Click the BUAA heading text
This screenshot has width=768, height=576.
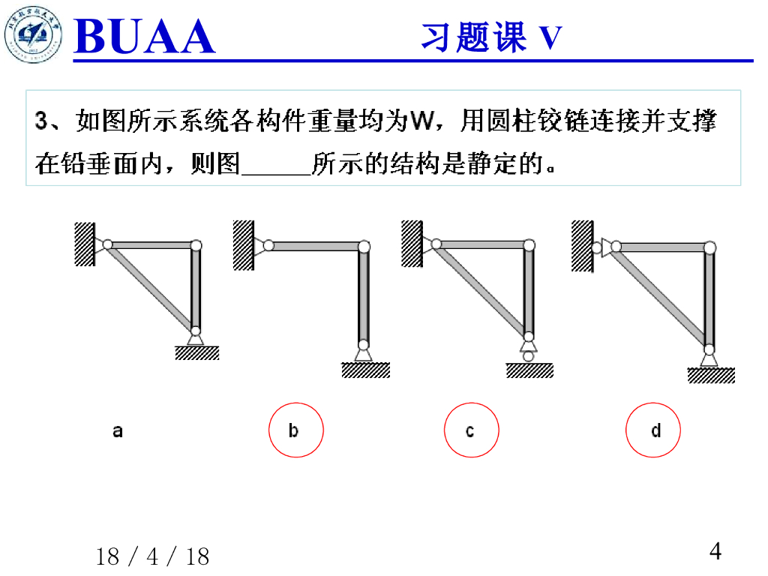[x=145, y=37]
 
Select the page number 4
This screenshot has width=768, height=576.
[x=715, y=551]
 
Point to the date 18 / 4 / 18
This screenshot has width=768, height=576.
[x=153, y=556]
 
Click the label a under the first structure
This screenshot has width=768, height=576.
[x=118, y=430]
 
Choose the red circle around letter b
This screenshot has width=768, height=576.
[x=296, y=430]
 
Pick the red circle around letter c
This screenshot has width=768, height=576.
[x=471, y=430]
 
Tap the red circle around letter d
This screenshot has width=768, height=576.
[x=654, y=430]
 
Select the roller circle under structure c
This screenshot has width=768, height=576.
[x=529, y=356]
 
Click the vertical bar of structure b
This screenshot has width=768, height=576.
[x=364, y=296]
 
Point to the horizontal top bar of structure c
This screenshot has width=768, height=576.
[x=480, y=244]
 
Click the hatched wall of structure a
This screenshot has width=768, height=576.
[x=83, y=244]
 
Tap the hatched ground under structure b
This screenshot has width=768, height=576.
[x=365, y=370]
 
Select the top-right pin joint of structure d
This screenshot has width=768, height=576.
[x=709, y=247]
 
